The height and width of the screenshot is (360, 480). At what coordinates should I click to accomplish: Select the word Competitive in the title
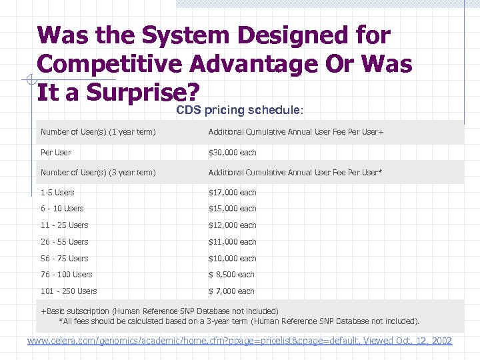110,64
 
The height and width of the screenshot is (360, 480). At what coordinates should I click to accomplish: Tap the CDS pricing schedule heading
240,110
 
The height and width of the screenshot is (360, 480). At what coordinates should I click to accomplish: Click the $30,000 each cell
232,153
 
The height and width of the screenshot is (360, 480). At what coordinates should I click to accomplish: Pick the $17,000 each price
232,193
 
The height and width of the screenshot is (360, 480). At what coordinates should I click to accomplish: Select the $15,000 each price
232,209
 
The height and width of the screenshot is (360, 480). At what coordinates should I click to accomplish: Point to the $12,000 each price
232,225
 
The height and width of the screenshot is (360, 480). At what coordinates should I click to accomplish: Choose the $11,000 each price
232,242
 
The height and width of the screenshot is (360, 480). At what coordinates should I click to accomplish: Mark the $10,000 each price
232,259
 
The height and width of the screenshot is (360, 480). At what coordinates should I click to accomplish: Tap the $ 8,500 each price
231,275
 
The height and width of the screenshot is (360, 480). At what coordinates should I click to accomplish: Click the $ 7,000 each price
231,291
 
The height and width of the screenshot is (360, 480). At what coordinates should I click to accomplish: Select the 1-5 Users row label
57,193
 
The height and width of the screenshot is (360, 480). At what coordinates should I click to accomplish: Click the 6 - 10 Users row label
62,209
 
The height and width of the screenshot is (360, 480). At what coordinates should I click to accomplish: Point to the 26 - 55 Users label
64,242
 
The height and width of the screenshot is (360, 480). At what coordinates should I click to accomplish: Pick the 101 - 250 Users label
69,291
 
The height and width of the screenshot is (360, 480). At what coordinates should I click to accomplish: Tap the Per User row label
55,153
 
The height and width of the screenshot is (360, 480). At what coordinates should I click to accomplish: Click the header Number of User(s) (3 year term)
98,173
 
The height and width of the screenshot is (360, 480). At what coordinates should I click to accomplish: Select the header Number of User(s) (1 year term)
98,132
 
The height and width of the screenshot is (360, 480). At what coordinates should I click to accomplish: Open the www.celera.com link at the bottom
239,341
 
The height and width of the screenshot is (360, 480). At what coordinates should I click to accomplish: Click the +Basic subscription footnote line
159,311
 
